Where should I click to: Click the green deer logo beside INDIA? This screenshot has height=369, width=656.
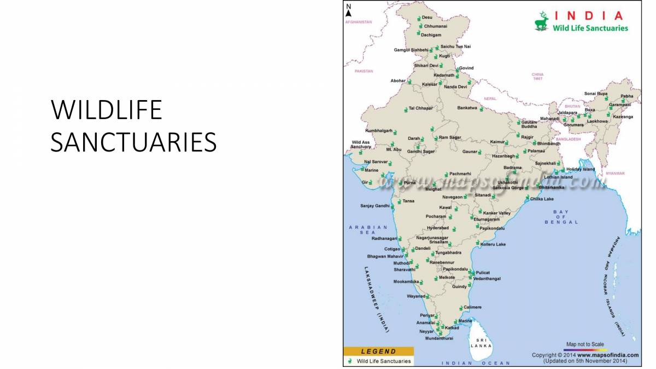click(542, 21)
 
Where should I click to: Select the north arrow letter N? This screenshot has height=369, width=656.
click(349, 7)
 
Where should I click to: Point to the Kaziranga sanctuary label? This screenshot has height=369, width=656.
click(623, 116)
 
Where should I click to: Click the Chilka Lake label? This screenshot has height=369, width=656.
click(542, 199)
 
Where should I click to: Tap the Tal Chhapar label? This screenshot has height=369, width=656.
click(420, 108)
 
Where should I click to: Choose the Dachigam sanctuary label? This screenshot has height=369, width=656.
click(431, 35)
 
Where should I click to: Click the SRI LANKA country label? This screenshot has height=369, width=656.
click(481, 343)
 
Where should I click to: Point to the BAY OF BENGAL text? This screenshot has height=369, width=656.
click(561, 217)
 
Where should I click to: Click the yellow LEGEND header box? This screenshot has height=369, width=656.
click(371, 351)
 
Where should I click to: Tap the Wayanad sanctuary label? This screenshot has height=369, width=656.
click(415, 296)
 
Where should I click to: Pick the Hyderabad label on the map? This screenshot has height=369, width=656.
click(437, 228)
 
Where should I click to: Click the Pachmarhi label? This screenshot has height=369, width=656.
click(460, 173)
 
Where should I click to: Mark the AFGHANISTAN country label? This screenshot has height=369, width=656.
click(358, 22)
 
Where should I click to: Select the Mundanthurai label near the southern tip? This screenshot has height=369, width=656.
click(439, 338)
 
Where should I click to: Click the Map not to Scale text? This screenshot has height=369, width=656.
click(585, 344)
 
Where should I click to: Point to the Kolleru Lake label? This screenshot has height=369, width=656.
click(493, 244)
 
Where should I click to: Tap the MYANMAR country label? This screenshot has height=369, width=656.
click(615, 173)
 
